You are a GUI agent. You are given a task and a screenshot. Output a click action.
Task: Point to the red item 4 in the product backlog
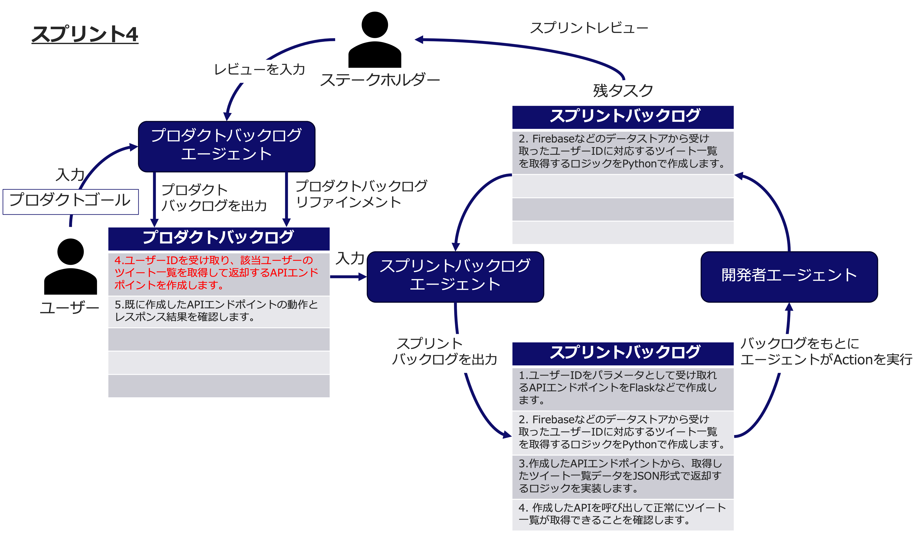(218, 273)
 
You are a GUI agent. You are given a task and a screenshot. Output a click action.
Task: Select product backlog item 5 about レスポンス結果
(218, 311)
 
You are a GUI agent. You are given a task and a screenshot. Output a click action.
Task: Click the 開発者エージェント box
(789, 276)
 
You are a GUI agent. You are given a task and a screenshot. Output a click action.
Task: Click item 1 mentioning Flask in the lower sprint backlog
(623, 388)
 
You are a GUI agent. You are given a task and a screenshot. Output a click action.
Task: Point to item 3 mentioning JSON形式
(623, 476)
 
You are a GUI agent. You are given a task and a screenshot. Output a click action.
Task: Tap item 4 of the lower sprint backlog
(623, 514)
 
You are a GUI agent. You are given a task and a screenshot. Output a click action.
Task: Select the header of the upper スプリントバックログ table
(623, 116)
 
